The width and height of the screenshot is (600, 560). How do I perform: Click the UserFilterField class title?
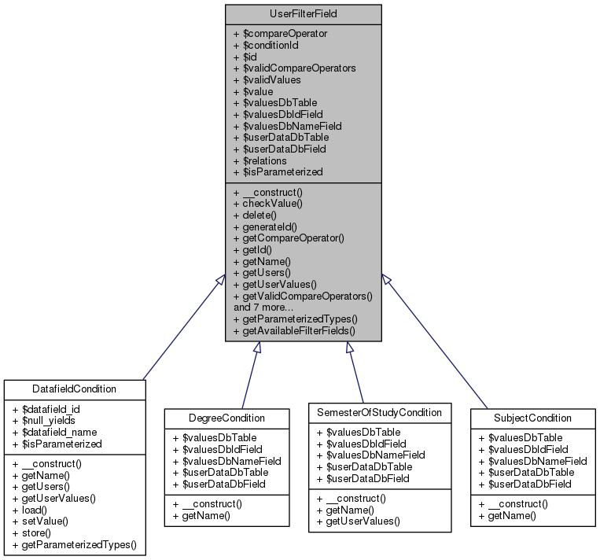point(304,14)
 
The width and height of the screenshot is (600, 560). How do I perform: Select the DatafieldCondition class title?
point(75,389)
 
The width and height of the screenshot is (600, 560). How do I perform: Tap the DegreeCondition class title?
point(226,417)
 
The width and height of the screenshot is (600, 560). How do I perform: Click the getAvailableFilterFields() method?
point(299,330)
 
